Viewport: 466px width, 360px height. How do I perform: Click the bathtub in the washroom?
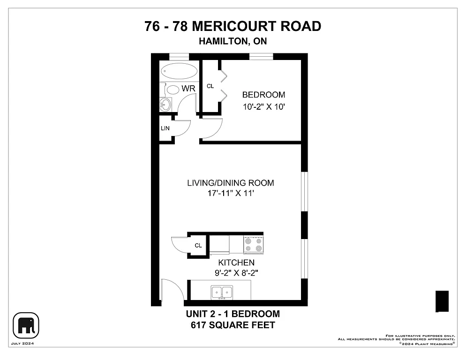pos(179,72)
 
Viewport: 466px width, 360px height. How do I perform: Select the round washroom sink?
pos(165,104)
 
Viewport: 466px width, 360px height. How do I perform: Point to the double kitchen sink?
pos(222,292)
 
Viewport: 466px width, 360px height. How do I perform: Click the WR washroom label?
pos(188,89)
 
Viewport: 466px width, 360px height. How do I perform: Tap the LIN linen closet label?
pos(165,128)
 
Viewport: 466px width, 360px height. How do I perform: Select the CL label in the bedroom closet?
pos(210,86)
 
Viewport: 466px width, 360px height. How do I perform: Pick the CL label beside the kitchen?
pos(198,245)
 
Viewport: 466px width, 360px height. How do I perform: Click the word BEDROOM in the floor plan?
pos(263,95)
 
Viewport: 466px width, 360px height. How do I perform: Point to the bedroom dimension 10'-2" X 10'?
pos(263,106)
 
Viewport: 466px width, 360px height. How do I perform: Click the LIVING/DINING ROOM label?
pos(230,183)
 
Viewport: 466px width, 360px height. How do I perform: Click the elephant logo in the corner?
pos(26,325)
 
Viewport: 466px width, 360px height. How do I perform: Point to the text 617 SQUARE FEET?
pos(233,325)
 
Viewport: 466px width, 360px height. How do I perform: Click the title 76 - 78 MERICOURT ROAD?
pos(233,26)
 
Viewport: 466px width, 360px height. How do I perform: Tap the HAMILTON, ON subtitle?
pos(233,41)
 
